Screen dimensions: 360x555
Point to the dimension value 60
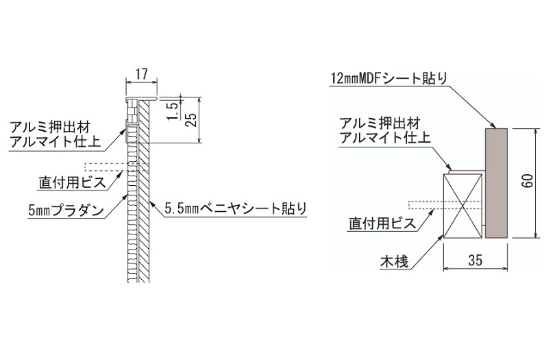pos(526,182)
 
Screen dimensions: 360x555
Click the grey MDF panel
pos(495,182)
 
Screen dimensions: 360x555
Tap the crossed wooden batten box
pos(464,204)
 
